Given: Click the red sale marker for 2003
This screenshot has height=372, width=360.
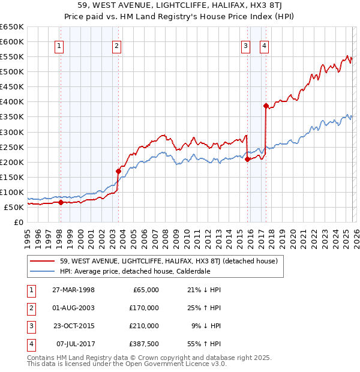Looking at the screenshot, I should (x=118, y=171).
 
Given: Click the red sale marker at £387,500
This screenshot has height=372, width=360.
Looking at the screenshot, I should (x=265, y=106).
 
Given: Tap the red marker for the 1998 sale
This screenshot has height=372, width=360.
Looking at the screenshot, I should (x=61, y=203).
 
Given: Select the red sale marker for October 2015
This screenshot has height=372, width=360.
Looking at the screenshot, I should (x=247, y=159).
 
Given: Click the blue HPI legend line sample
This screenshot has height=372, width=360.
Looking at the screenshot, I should (x=42, y=271).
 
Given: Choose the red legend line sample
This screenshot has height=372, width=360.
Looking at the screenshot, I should (x=42, y=261).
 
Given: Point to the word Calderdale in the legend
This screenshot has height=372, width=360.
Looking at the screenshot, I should (x=191, y=271).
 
